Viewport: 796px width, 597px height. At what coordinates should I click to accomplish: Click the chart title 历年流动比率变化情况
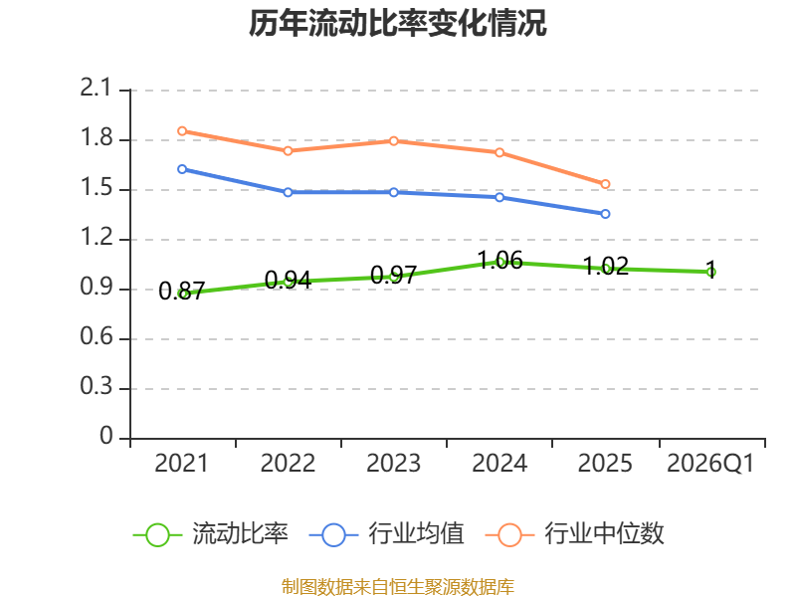click(397, 23)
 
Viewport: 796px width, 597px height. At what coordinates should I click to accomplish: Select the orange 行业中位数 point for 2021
click(182, 131)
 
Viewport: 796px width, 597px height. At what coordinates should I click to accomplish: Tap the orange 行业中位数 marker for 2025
click(605, 184)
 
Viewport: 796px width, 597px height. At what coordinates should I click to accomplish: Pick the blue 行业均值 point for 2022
click(288, 192)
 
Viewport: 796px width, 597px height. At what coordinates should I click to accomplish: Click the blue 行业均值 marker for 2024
click(499, 197)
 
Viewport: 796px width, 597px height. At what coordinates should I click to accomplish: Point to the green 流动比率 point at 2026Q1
click(711, 272)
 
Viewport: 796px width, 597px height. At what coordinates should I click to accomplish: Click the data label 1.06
click(500, 261)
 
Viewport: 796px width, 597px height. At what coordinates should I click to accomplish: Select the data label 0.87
click(182, 291)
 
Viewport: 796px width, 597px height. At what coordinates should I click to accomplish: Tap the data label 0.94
click(288, 280)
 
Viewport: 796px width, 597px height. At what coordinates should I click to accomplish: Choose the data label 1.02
click(606, 266)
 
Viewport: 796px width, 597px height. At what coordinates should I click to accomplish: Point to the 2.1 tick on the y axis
click(95, 88)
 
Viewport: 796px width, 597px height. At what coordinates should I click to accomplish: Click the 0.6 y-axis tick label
click(96, 336)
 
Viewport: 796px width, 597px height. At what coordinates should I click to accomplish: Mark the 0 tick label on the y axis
click(106, 436)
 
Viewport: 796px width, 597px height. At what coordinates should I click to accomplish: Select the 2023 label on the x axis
click(393, 463)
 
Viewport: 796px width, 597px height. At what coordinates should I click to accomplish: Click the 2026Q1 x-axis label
click(710, 463)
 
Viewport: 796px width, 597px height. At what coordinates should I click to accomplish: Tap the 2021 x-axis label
click(181, 463)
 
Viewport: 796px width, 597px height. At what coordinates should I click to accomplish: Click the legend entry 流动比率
click(210, 534)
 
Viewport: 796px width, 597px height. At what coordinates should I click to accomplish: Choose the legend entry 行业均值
click(386, 534)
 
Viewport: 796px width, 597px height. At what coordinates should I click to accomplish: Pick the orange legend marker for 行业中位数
click(509, 535)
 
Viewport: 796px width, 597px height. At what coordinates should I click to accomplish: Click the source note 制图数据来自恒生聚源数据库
click(397, 587)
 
